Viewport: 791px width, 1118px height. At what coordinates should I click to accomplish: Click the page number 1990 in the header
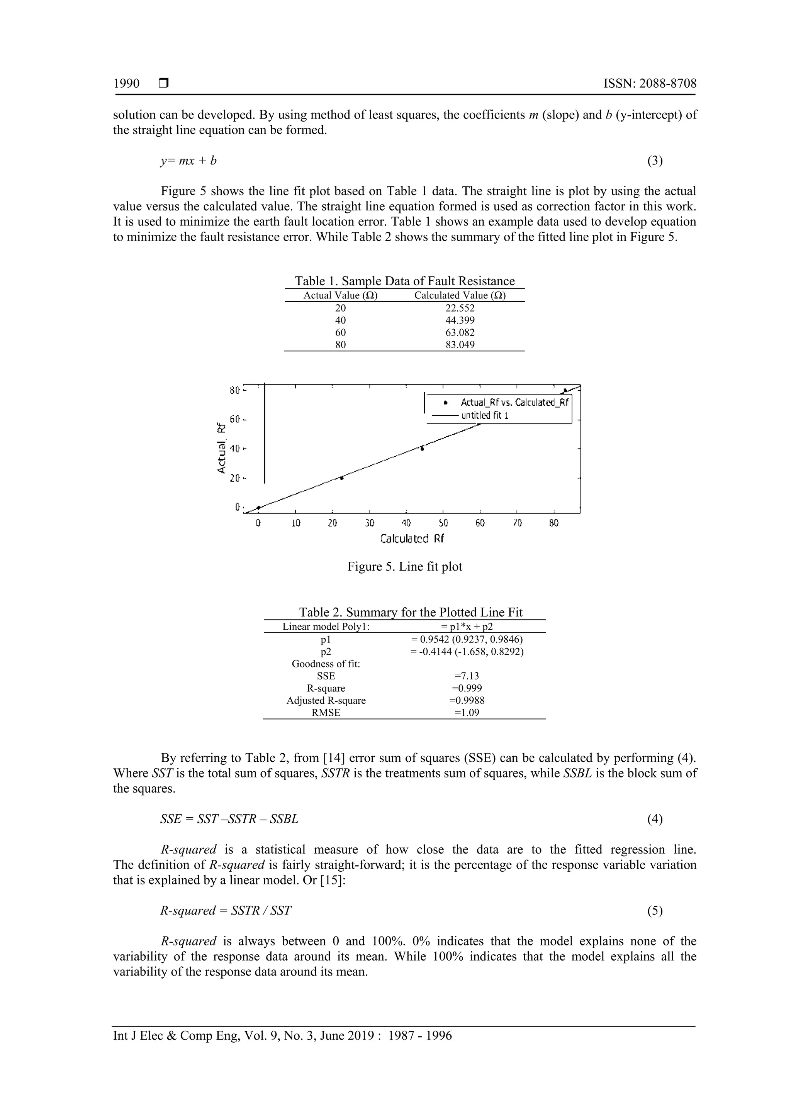(126, 83)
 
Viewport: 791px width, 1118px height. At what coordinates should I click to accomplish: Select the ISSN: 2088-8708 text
(650, 83)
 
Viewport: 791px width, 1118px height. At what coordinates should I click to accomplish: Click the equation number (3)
(655, 161)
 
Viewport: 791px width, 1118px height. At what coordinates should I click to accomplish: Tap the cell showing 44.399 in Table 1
(460, 320)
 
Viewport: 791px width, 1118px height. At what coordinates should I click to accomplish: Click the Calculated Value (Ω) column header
(460, 295)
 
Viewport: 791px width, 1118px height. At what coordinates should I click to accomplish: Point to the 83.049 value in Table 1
(460, 345)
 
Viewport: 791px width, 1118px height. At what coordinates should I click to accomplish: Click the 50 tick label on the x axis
(443, 523)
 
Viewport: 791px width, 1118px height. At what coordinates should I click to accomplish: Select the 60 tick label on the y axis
(235, 419)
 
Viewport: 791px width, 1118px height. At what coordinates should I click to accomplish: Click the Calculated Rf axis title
(412, 539)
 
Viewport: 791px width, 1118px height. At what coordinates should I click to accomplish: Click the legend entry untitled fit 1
(485, 415)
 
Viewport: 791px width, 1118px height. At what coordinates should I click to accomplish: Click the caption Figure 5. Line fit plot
(404, 566)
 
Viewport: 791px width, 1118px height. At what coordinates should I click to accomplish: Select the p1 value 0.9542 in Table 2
(467, 639)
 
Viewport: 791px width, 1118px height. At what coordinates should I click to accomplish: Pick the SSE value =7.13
(467, 676)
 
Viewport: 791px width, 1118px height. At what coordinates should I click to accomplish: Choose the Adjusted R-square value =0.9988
(467, 700)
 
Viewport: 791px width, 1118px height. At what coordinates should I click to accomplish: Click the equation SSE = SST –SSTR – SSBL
(229, 819)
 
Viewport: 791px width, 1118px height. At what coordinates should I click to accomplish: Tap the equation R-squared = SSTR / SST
(226, 911)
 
